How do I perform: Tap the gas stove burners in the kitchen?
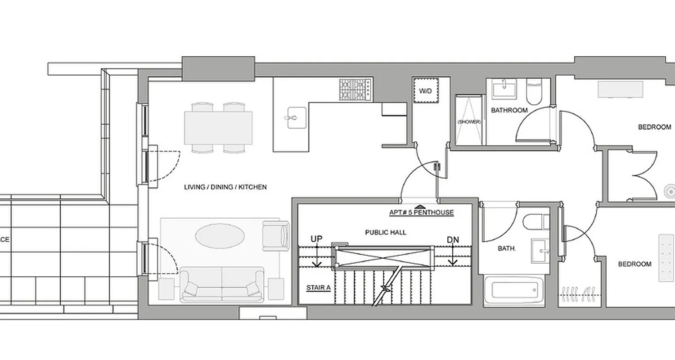(355, 90)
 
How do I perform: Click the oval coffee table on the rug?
(220, 236)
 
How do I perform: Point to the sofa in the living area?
(222, 284)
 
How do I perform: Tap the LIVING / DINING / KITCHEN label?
(225, 187)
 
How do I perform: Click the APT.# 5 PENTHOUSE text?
(422, 212)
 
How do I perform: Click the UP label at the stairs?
(317, 240)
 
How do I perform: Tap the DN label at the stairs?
(453, 240)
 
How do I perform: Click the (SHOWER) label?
(469, 122)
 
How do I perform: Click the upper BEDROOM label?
(654, 127)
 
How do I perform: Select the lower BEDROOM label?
(634, 264)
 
